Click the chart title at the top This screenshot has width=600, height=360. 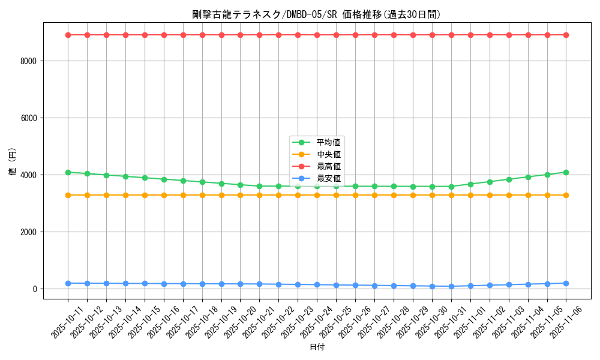click(x=317, y=14)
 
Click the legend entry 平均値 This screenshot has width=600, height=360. click(x=328, y=142)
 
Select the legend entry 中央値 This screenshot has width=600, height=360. click(x=328, y=154)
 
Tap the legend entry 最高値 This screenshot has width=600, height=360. click(x=328, y=166)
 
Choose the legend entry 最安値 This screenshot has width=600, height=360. click(x=328, y=178)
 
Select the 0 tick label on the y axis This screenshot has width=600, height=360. click(x=35, y=289)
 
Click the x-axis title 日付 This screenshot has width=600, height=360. click(x=317, y=347)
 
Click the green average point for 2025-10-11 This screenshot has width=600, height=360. click(x=68, y=172)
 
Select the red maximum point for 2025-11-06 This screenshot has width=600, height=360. click(x=566, y=35)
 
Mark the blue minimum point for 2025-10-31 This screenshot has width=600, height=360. click(x=451, y=286)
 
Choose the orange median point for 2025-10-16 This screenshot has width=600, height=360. click(x=164, y=195)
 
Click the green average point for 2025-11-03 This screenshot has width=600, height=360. click(x=509, y=179)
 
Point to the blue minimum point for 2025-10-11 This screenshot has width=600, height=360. click(x=68, y=283)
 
